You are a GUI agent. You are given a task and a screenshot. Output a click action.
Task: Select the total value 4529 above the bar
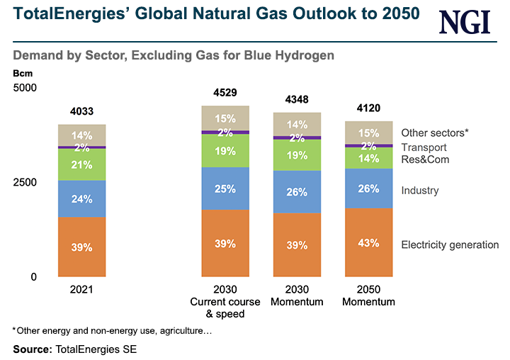(225, 92)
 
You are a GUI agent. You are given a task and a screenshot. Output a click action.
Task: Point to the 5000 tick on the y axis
(26, 87)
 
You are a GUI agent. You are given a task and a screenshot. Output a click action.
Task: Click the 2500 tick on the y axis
(26, 182)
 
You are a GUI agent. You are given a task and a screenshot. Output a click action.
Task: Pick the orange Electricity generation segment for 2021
(81, 247)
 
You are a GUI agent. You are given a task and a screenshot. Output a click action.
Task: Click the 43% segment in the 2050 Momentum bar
(368, 243)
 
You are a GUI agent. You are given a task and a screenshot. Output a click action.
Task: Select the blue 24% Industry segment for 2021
(81, 199)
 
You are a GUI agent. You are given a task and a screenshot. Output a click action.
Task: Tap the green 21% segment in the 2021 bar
(81, 164)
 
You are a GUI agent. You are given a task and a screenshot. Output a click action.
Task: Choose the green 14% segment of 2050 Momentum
(368, 158)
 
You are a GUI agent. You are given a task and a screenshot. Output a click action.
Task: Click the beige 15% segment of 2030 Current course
(225, 118)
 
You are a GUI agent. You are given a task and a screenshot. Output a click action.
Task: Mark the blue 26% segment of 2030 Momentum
(297, 192)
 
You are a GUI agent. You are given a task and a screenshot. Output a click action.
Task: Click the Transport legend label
(424, 147)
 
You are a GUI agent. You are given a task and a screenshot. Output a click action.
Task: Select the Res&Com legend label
(425, 159)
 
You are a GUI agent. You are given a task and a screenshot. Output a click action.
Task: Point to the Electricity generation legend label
(450, 245)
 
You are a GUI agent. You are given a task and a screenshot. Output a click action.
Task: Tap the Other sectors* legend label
(434, 133)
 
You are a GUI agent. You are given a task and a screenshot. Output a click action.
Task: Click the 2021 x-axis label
(81, 290)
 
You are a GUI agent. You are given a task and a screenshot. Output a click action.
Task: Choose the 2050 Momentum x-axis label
(368, 296)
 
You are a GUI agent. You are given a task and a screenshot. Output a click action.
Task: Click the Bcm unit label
(22, 73)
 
